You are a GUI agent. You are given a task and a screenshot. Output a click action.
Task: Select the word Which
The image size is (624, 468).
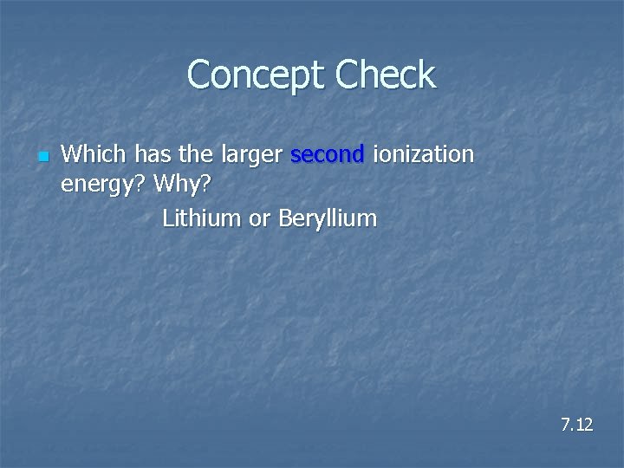[89, 155]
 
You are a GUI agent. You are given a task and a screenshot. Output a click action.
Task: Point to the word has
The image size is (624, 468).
[141, 155]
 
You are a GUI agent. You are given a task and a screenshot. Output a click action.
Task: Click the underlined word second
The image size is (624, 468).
[328, 155]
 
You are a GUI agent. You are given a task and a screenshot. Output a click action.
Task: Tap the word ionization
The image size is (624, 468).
[424, 155]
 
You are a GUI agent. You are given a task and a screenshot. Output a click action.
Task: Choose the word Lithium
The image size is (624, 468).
[201, 218]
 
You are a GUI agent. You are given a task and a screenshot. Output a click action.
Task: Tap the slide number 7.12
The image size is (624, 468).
[576, 425]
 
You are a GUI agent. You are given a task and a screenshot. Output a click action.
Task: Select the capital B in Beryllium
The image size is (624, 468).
[285, 218]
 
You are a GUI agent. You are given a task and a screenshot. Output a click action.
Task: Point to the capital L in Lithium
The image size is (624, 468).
[167, 218]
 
